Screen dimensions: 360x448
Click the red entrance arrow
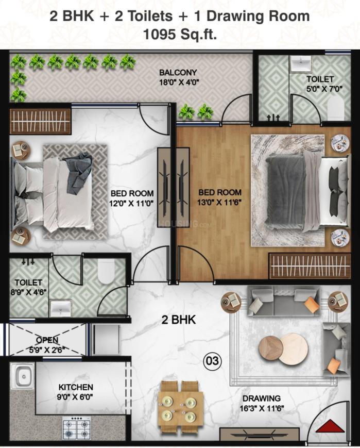[330, 426]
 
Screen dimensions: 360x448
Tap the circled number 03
[212, 361]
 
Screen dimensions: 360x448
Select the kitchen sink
[23, 376]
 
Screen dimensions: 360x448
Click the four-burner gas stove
[77, 428]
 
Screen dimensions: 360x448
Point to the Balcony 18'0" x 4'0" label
[179, 77]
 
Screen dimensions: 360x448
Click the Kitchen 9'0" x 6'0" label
[76, 392]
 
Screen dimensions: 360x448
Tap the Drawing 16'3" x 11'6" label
[262, 403]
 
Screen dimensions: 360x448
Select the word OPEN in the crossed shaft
[47, 340]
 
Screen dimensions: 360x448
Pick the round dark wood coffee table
[270, 348]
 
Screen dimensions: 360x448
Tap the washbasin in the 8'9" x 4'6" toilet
[60, 308]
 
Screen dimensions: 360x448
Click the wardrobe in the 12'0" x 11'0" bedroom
[40, 122]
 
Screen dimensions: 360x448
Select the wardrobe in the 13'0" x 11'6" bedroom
[310, 266]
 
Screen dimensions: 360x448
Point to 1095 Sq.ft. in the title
[180, 35]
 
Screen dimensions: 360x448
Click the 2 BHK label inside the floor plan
[179, 320]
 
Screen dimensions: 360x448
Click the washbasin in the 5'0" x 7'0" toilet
[300, 63]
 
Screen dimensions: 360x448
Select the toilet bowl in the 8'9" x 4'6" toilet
[106, 271]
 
